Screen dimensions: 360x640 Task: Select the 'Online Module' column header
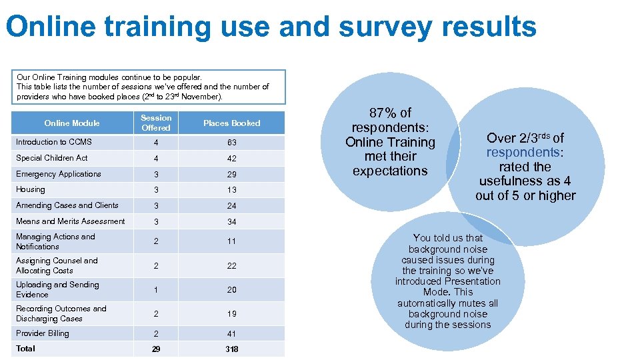click(x=71, y=123)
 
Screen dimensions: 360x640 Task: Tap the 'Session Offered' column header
click(x=156, y=123)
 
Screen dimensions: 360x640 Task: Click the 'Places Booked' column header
click(x=231, y=123)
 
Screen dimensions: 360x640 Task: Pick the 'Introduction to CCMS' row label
click(x=54, y=142)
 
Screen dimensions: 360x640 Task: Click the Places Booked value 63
click(x=231, y=143)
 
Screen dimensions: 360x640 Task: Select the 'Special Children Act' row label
click(x=52, y=158)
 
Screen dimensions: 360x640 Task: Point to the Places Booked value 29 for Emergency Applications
click(x=231, y=175)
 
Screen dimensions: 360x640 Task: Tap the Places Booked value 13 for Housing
click(x=231, y=190)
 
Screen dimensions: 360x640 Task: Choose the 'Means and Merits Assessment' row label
click(x=71, y=221)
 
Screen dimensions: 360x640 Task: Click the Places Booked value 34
click(x=231, y=222)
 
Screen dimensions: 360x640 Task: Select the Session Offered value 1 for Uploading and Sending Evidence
click(x=156, y=290)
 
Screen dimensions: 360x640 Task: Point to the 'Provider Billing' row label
click(x=43, y=333)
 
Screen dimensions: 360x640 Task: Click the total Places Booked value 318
click(x=231, y=349)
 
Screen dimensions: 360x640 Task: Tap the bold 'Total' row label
click(x=26, y=349)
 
